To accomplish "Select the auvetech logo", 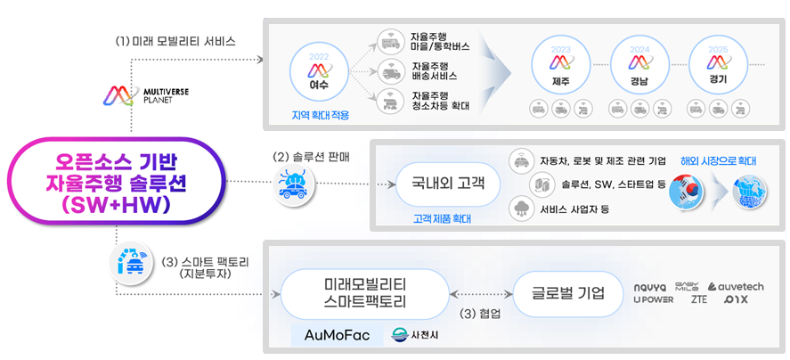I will coord(736,285).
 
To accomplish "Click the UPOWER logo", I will coord(653,300).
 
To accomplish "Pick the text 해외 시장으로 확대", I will coord(718,161).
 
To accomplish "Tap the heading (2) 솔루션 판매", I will coord(312,156).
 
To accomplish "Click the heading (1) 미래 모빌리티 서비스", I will coord(175,41).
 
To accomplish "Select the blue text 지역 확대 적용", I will coord(320,115).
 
